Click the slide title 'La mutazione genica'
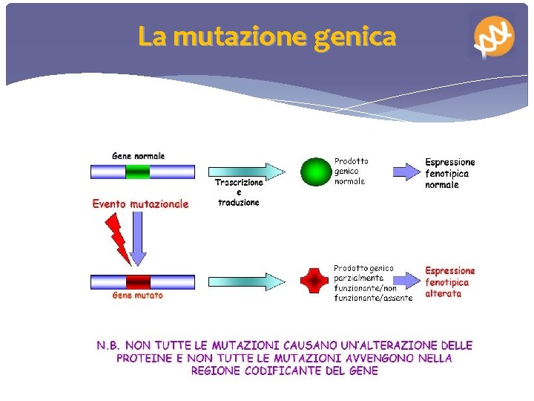coord(267,36)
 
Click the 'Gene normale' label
coord(139,156)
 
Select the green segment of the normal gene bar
coord(137,172)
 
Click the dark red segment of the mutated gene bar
coord(137,281)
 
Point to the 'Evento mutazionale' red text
coord(140,203)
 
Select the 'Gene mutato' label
coord(137,296)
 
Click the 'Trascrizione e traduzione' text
coord(239,192)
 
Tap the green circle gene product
coord(314,172)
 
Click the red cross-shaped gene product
coord(314,281)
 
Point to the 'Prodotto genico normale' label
coord(352,171)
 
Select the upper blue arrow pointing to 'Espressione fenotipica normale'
coord(406,172)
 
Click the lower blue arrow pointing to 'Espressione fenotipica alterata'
coord(406,281)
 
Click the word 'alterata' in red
coord(443,294)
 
